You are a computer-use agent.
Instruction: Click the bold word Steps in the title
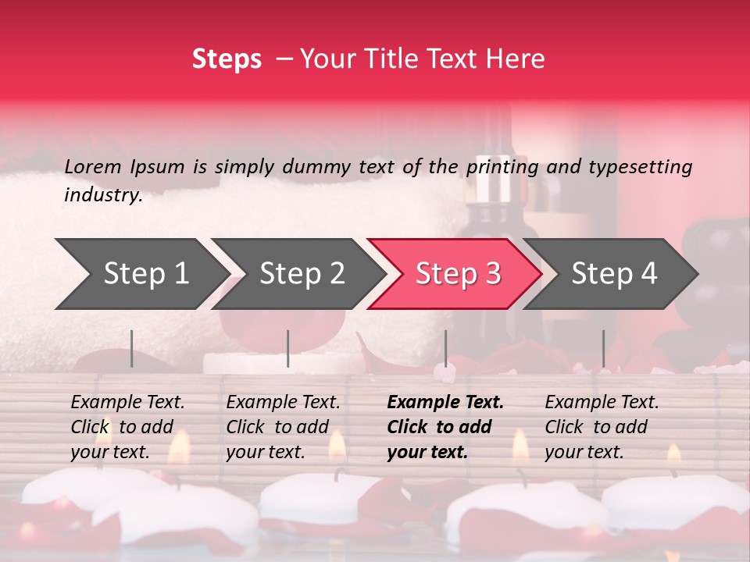[x=227, y=59]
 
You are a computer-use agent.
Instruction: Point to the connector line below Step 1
[x=131, y=348]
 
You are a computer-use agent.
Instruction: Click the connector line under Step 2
[x=288, y=348]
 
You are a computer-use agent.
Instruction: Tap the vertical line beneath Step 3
[x=445, y=348]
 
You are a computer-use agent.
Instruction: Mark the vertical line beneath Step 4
[x=603, y=348]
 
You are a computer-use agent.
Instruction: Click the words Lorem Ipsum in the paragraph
[x=124, y=166]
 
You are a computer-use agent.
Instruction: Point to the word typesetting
[x=640, y=166]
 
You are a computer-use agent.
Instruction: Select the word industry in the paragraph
[x=102, y=195]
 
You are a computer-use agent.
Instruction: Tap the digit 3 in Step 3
[x=492, y=273]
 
